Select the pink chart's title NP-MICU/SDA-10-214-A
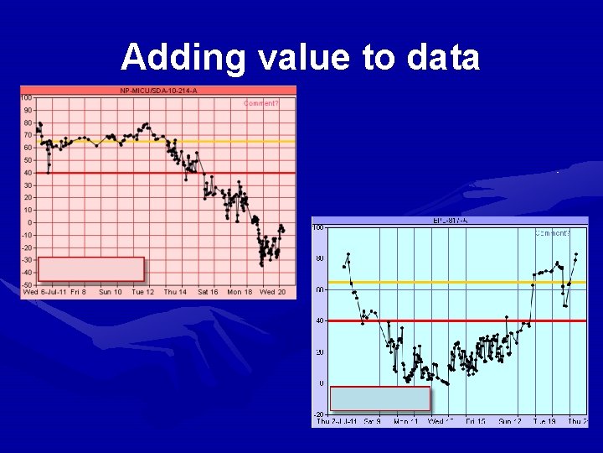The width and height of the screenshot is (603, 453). (x=158, y=91)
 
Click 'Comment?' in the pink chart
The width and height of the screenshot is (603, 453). (x=260, y=104)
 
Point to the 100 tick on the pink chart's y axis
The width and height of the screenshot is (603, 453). (x=27, y=97)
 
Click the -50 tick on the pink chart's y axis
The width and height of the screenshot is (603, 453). (x=27, y=285)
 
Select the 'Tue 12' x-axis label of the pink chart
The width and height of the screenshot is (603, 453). (x=143, y=292)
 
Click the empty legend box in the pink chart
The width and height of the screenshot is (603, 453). (x=91, y=269)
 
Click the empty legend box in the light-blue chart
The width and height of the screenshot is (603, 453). (x=380, y=398)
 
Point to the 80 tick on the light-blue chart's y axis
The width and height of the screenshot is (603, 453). (x=320, y=258)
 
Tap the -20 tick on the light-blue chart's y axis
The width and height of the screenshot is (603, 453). (x=318, y=414)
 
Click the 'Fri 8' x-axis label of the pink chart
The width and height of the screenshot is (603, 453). (x=78, y=292)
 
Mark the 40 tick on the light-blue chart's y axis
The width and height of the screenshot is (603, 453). (x=320, y=320)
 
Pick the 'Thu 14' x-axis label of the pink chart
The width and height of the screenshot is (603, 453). (x=175, y=292)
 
